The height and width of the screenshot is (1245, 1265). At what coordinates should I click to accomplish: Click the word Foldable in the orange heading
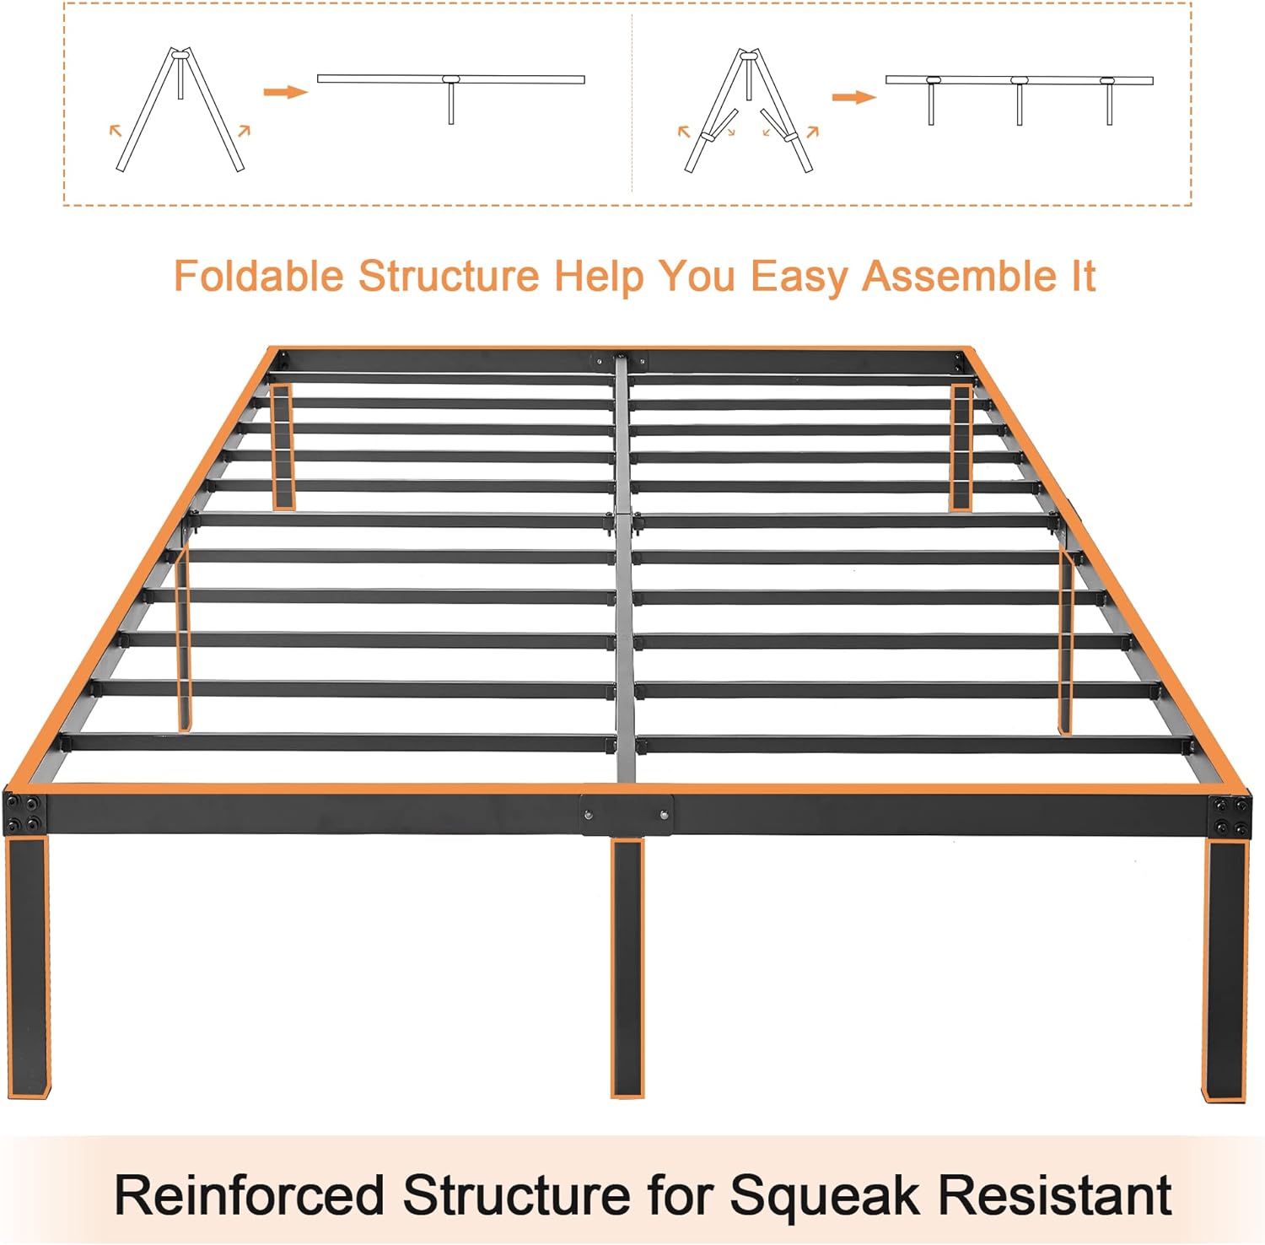[259, 276]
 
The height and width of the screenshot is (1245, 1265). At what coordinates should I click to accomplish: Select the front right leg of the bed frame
[1225, 970]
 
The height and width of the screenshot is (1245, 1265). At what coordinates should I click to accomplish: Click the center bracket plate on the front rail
[627, 815]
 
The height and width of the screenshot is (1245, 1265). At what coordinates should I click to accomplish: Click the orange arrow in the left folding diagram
[285, 91]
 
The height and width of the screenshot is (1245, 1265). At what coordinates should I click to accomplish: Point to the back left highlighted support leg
[283, 447]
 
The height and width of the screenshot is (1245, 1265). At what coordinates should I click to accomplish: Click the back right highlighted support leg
[961, 447]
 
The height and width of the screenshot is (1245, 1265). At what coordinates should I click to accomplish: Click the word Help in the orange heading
[598, 276]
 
